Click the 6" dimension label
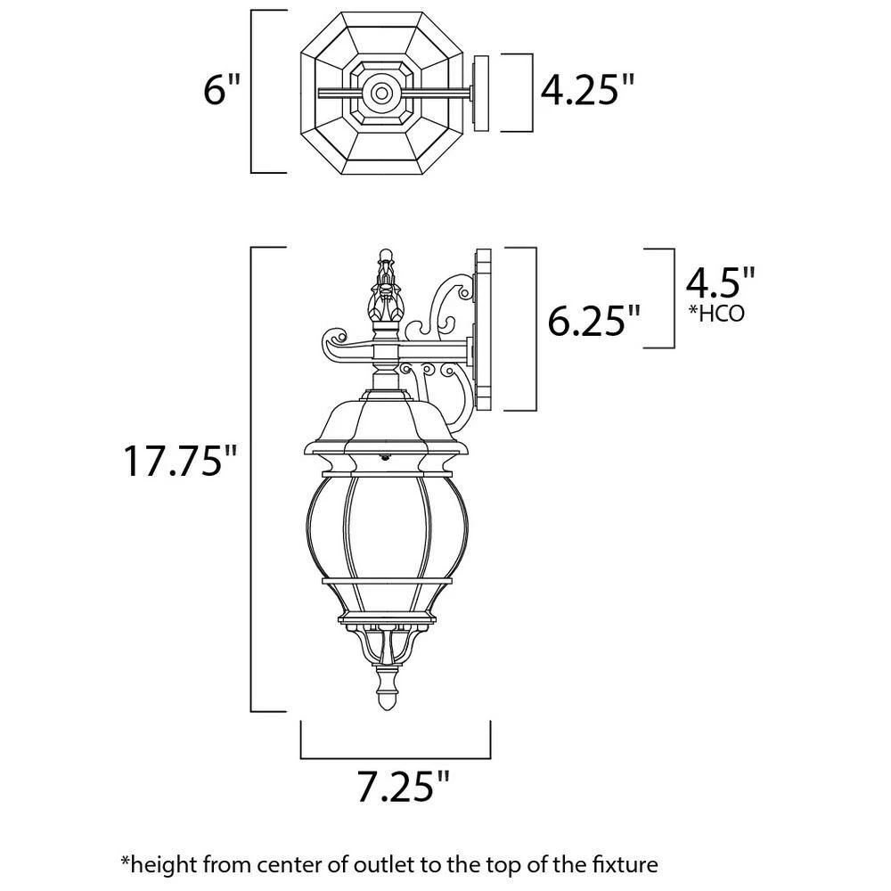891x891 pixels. coord(221,90)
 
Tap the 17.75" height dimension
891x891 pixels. coord(182,462)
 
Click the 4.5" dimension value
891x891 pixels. coord(720,282)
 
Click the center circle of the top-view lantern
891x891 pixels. coord(382,92)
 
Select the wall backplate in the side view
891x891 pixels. coord(485,330)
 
